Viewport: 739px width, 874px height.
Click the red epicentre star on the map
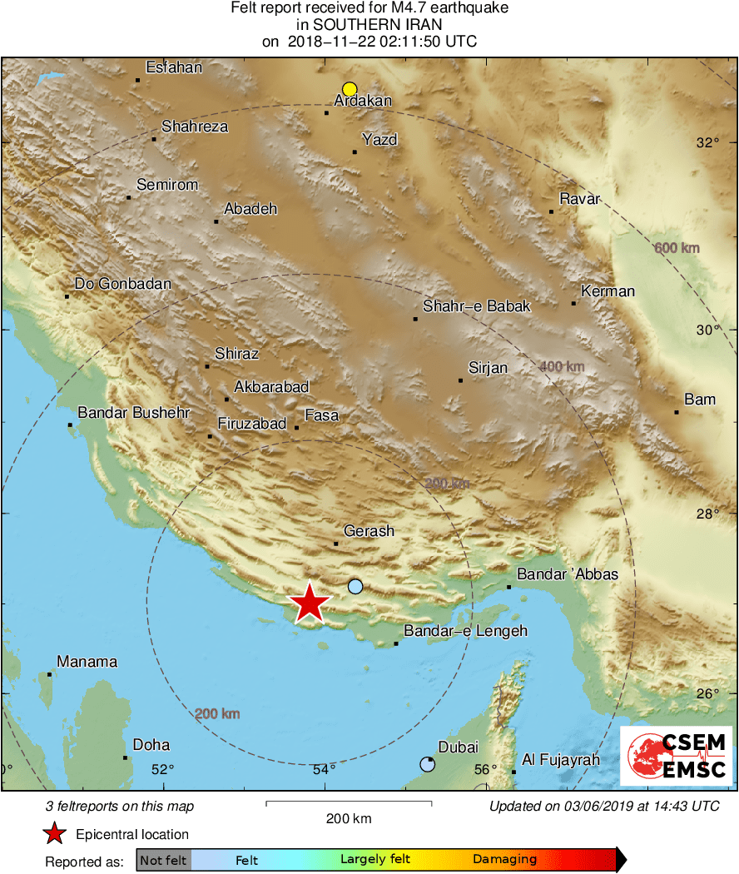tap(309, 603)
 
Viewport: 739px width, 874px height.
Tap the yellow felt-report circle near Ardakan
tap(350, 89)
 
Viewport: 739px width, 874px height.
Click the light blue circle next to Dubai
tap(427, 764)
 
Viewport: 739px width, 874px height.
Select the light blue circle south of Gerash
tap(355, 586)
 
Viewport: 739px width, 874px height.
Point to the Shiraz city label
tap(236, 354)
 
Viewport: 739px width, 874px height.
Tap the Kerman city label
tap(608, 291)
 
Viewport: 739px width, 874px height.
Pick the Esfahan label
tap(174, 68)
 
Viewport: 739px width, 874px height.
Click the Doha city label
tap(151, 745)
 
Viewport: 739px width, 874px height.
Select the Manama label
tap(87, 663)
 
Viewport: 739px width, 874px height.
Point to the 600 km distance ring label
tap(677, 248)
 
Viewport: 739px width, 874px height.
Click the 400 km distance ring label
tap(562, 366)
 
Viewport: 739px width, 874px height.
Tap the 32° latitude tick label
tap(708, 142)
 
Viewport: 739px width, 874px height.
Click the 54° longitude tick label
tap(325, 769)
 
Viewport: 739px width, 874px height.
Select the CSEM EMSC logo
tap(676, 756)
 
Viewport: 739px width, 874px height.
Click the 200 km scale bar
tap(349, 803)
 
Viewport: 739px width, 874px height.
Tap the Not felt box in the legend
tap(164, 860)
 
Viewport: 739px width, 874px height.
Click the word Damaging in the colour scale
tap(504, 860)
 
